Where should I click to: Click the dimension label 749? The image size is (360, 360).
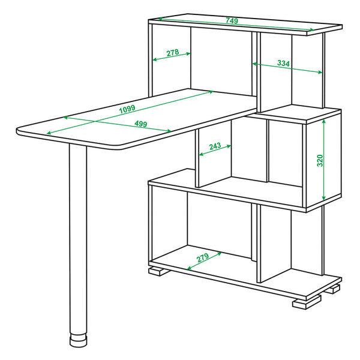coord(232,20)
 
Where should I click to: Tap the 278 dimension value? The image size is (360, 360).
coord(173,53)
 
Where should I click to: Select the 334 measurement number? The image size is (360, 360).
coord(284,63)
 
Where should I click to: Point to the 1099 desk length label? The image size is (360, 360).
coord(127,109)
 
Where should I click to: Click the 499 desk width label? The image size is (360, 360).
coord(141,124)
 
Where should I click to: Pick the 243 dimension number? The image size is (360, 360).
coord(215,146)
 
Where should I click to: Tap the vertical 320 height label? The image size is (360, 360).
coord(320,160)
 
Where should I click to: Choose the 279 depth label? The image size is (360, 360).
coord(203,257)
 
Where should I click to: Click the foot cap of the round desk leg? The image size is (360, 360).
coord(78,340)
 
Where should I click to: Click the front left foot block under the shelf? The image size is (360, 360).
coord(159,271)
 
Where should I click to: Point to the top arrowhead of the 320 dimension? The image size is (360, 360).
coord(324,121)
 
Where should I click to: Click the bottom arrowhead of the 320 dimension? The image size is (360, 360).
coord(324,197)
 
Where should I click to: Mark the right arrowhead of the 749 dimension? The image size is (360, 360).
coord(311,29)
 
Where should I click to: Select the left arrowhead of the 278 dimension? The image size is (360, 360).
coord(155,60)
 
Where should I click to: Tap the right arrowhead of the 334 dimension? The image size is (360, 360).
coord(320,73)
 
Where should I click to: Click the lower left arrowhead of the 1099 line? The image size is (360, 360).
coord(49,133)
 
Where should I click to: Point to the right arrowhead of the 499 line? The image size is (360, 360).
coord(169,131)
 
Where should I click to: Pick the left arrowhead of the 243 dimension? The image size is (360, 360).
coord(202,154)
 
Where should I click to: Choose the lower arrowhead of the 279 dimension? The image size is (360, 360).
coord(190,268)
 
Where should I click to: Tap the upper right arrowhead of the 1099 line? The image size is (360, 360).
coord(211,92)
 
